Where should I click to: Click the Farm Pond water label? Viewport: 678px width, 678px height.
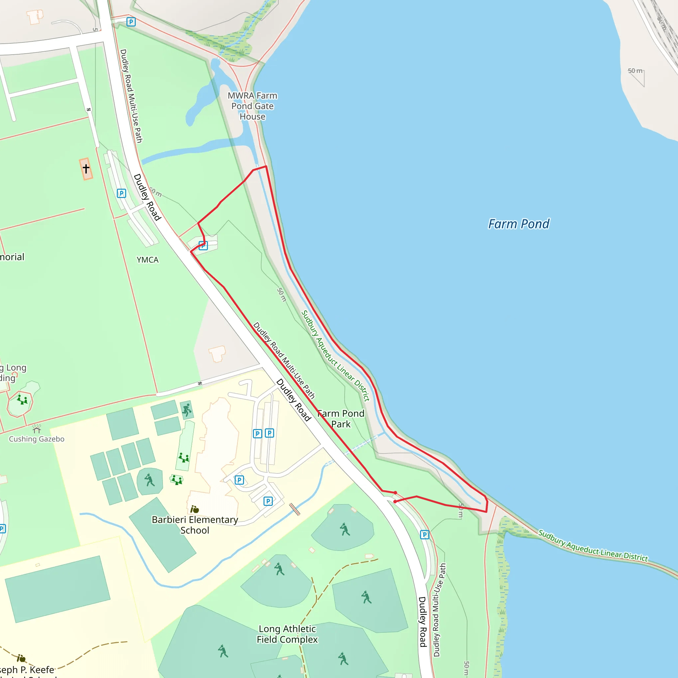(518, 224)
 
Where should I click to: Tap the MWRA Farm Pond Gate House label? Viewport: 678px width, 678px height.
(252, 106)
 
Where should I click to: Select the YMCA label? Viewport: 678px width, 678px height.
(147, 260)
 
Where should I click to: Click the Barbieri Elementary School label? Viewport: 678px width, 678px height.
(195, 525)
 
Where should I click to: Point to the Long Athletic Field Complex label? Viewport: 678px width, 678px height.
(287, 634)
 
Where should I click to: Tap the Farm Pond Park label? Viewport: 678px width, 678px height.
(341, 419)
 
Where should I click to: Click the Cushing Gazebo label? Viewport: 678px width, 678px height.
(36, 439)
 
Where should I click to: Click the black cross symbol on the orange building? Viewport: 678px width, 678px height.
(86, 169)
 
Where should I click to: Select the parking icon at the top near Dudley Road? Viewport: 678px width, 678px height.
(131, 22)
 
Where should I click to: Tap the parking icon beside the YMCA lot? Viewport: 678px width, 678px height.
(121, 193)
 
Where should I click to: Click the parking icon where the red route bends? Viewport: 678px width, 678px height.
(203, 246)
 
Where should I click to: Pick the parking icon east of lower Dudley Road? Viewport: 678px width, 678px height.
(425, 534)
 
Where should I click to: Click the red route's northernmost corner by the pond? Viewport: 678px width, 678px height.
(266, 166)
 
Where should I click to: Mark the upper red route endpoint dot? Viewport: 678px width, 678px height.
(396, 493)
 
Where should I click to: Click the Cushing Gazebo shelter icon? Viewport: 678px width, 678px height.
(37, 429)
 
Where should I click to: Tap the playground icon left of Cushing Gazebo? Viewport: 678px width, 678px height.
(22, 400)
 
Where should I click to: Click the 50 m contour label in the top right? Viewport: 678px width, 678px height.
(635, 71)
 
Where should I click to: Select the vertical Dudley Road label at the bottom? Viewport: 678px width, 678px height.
(422, 622)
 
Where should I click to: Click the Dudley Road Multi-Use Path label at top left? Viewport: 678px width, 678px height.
(131, 96)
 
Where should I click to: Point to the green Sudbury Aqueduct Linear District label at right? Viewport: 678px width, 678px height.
(593, 546)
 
